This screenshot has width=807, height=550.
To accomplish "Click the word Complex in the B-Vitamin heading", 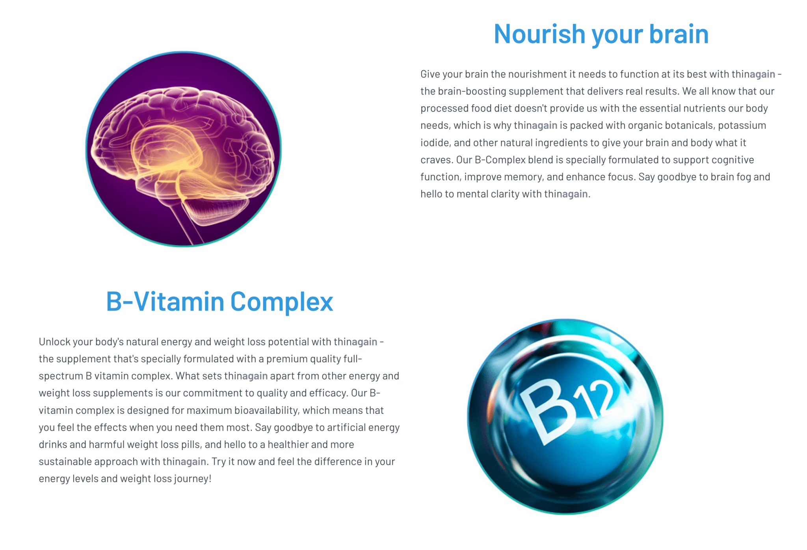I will click(281, 302).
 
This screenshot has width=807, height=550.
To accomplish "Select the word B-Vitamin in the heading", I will click(165, 302).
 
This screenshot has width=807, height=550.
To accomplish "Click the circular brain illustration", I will click(184, 149).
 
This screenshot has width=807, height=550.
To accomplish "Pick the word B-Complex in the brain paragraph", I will click(500, 160).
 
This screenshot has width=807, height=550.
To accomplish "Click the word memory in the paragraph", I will click(523, 177).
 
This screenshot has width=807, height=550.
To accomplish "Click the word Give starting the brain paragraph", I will click(430, 74).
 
